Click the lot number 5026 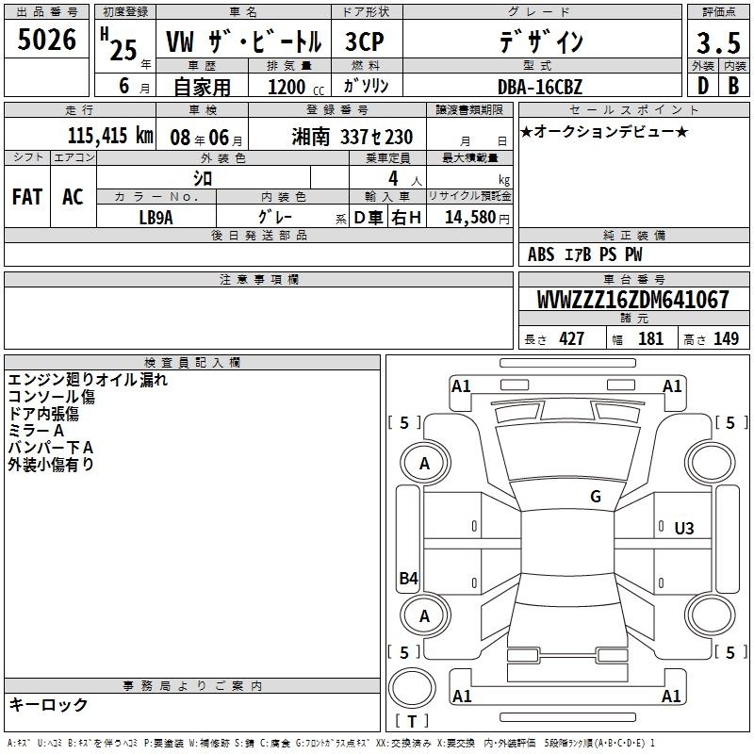pos(46,40)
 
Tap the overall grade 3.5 pos(718,43)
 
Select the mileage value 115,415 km pos(110,136)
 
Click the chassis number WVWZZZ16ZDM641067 pos(633,300)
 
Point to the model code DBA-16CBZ pos(540,87)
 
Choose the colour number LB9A pos(156,218)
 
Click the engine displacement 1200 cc pos(296,87)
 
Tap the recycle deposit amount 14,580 pos(470,218)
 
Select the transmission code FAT pos(27,197)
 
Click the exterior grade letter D pos(703,86)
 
